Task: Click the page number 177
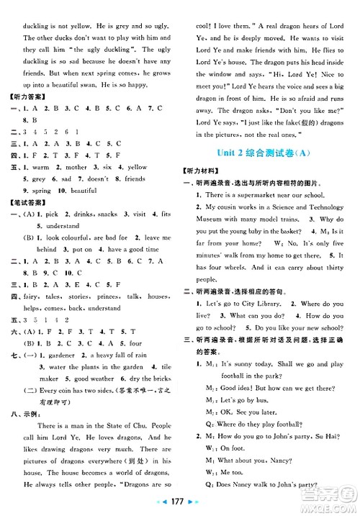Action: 180,502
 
